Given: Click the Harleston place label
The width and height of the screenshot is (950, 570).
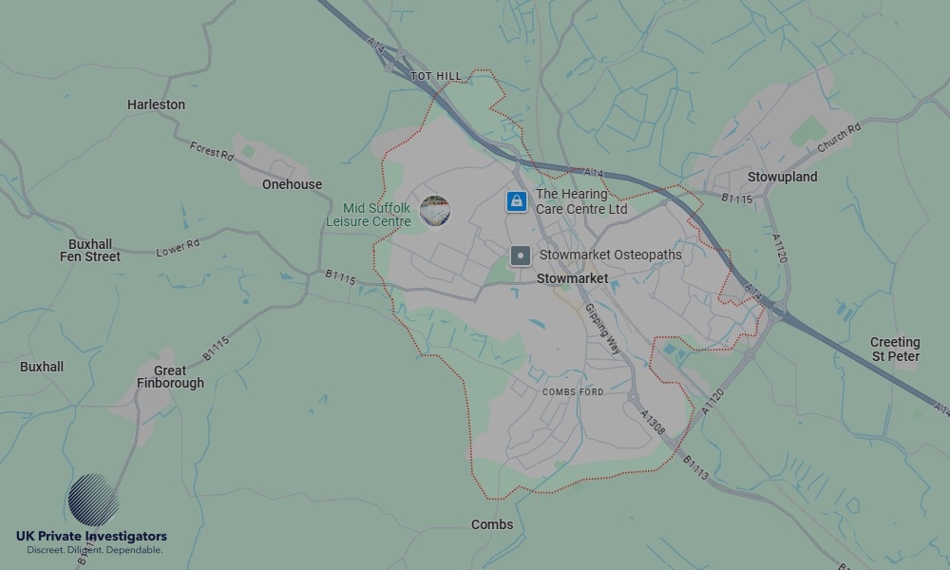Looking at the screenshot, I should click(x=156, y=104).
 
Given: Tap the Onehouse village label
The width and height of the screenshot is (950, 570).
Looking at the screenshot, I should click(x=292, y=184).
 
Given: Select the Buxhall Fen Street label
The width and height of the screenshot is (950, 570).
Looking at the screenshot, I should click(x=90, y=251).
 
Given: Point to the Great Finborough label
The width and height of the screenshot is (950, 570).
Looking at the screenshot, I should click(x=170, y=377).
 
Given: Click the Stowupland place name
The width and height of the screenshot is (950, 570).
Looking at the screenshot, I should click(x=782, y=177).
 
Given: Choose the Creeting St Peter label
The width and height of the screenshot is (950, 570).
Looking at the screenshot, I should click(x=895, y=350).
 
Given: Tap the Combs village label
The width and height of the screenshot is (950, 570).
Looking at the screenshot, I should click(x=492, y=524).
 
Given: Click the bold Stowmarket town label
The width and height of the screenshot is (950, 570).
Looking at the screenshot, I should click(x=572, y=279).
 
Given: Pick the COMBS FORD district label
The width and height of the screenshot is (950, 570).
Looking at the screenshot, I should click(x=573, y=391).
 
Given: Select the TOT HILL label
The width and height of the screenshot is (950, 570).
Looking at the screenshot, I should click(x=436, y=76).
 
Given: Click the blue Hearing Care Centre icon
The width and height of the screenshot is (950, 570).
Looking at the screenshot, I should click(x=516, y=201).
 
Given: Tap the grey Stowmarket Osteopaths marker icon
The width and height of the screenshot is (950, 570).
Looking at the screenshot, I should click(x=521, y=256).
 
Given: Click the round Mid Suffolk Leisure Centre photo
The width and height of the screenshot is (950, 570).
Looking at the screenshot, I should click(x=434, y=211).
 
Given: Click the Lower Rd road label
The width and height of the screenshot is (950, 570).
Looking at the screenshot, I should click(x=178, y=248).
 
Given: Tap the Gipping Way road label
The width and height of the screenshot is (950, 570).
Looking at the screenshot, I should click(x=602, y=329).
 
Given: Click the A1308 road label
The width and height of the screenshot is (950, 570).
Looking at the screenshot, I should click(x=653, y=423).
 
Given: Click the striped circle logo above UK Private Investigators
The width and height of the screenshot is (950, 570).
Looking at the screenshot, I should click(x=94, y=500).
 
